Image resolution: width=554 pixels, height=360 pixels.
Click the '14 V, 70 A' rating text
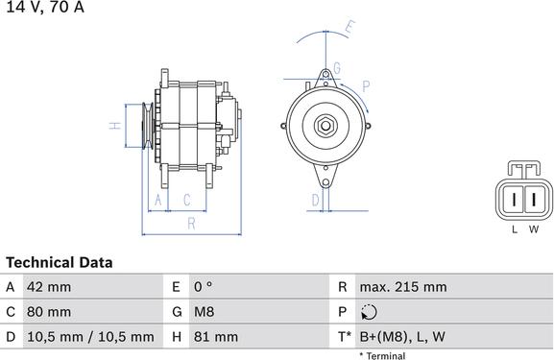click(45, 7)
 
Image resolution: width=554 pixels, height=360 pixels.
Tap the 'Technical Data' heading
click(60, 262)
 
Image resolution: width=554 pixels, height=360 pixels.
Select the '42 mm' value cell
click(49, 287)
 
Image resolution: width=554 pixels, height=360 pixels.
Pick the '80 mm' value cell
click(49, 312)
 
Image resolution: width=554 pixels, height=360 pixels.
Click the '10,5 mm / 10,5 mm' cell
click(90, 337)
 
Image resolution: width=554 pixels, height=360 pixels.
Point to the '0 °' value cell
click(203, 287)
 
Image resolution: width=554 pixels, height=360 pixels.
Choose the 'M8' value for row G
click(204, 312)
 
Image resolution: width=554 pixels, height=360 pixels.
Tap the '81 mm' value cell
click(215, 337)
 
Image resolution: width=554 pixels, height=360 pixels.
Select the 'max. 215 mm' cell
click(403, 287)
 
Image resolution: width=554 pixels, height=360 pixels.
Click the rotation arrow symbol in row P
click(369, 312)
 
